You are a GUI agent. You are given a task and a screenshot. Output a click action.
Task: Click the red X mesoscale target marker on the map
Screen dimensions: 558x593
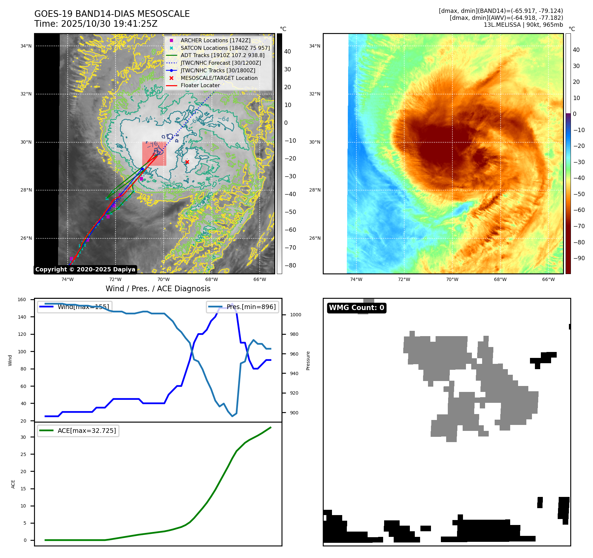pyautogui.click(x=187, y=162)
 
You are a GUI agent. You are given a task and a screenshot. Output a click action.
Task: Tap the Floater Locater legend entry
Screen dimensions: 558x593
pyautogui.click(x=200, y=85)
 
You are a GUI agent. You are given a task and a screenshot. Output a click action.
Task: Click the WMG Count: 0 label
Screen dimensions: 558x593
pyautogui.click(x=356, y=308)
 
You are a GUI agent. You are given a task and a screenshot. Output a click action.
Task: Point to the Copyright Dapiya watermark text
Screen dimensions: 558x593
pyautogui.click(x=85, y=269)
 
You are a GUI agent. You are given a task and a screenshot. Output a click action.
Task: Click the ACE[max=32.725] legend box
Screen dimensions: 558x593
pyautogui.click(x=78, y=431)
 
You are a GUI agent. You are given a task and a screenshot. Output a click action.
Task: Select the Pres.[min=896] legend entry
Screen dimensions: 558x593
pyautogui.click(x=243, y=307)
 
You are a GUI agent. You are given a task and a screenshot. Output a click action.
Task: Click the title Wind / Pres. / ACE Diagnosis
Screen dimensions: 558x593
pyautogui.click(x=158, y=289)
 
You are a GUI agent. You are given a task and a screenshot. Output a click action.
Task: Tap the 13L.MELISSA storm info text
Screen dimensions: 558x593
pyautogui.click(x=523, y=25)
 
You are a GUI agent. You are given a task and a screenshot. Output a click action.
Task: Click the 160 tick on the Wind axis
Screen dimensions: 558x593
pyautogui.click(x=22, y=299)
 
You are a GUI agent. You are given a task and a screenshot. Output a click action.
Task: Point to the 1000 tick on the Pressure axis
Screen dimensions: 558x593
pyautogui.click(x=295, y=315)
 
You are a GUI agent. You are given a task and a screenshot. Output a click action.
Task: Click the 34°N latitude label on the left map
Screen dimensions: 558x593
pyautogui.click(x=26, y=46)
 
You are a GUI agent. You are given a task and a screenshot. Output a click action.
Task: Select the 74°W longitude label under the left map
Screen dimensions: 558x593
pyautogui.click(x=67, y=279)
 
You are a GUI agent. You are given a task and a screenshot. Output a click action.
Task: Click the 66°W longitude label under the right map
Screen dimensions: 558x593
pyautogui.click(x=548, y=279)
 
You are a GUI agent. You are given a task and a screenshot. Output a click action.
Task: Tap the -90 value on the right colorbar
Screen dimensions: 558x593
pyautogui.click(x=578, y=258)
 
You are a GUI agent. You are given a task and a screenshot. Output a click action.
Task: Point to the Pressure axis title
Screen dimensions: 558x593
pyautogui.click(x=308, y=361)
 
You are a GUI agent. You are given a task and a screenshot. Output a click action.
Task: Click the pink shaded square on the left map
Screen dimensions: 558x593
pyautogui.click(x=154, y=154)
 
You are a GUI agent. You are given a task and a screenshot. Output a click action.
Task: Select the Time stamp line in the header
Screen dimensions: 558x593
pyautogui.click(x=96, y=24)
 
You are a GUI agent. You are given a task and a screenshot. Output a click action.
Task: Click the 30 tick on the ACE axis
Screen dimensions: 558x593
pyautogui.click(x=23, y=437)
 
